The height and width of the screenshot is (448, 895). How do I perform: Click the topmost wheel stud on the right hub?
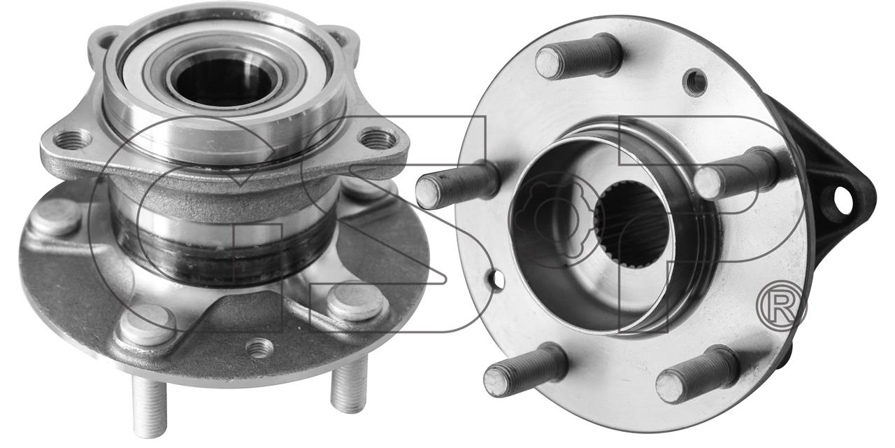[x=578, y=56]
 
